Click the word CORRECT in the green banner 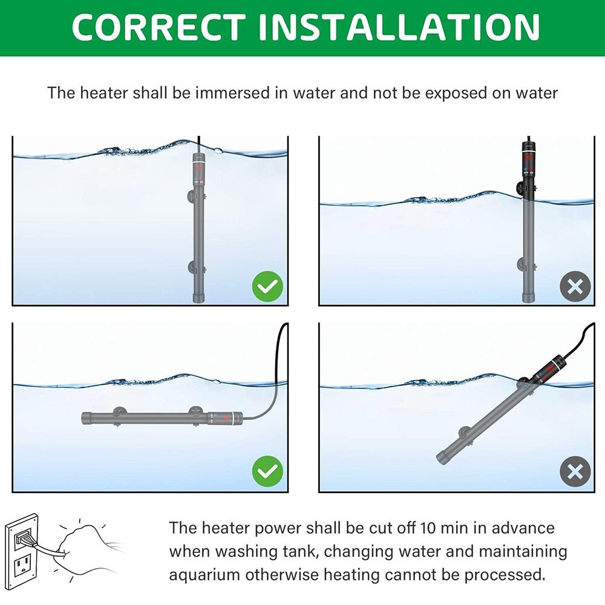[158, 27]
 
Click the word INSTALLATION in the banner [399, 27]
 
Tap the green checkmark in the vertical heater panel [267, 286]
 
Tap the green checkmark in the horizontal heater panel [267, 471]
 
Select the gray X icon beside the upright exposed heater [575, 286]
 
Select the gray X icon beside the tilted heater [575, 471]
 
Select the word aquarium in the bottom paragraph [204, 575]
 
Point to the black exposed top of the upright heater [528, 170]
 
